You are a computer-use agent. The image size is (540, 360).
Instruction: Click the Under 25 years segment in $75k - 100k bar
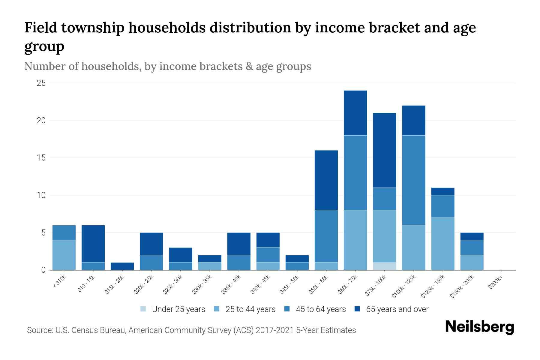[384, 266]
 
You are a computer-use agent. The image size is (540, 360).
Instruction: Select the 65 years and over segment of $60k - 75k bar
[355, 113]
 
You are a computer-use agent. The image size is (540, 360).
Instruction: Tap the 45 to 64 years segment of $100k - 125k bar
[413, 180]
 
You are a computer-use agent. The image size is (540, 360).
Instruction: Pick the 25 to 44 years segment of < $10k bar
[64, 255]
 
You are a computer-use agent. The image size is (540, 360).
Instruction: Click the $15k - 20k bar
[122, 266]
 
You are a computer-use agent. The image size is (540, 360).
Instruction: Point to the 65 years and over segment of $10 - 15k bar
[93, 244]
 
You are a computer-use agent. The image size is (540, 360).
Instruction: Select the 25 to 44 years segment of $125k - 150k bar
[442, 244]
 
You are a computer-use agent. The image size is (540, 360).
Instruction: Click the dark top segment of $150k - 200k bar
[472, 236]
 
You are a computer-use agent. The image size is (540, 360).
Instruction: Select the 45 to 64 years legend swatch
[287, 309]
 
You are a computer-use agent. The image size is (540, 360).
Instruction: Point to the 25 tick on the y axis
[41, 83]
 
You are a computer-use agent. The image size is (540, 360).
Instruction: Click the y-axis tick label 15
[41, 158]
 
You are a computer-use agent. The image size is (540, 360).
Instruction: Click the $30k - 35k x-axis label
[202, 285]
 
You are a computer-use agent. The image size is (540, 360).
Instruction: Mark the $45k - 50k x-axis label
[289, 285]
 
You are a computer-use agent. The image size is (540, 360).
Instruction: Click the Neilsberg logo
[479, 327]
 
